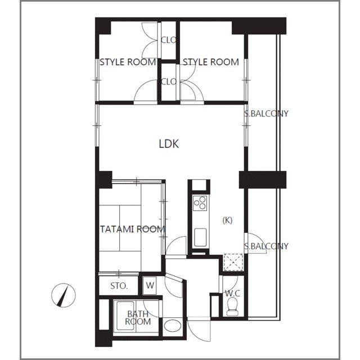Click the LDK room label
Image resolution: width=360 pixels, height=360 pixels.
point(169,144)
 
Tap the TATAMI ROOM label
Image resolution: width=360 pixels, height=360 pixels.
point(133,229)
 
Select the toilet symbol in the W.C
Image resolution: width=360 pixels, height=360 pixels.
point(232,307)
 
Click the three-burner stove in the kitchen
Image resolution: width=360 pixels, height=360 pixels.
point(200,202)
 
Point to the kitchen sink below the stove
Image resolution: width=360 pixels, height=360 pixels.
point(200,237)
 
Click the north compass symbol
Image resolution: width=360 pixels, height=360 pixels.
point(64,295)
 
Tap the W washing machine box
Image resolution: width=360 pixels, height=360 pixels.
point(150,285)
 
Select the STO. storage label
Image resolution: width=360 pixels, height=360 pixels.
point(119,286)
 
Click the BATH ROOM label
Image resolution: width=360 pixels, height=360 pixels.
point(138,317)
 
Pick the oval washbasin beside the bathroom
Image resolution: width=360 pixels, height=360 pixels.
point(173,326)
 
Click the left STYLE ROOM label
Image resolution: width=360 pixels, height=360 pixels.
point(128,62)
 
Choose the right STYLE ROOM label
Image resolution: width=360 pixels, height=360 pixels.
point(211,62)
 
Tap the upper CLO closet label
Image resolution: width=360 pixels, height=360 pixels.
point(169,40)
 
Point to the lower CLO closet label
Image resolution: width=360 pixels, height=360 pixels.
point(169,82)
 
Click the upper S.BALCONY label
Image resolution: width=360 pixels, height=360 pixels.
point(266,114)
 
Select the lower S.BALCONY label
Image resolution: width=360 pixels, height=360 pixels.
point(266,246)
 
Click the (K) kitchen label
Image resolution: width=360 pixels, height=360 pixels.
point(227,220)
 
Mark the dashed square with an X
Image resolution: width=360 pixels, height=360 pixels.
point(233,262)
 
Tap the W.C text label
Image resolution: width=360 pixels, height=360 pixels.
point(232,293)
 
